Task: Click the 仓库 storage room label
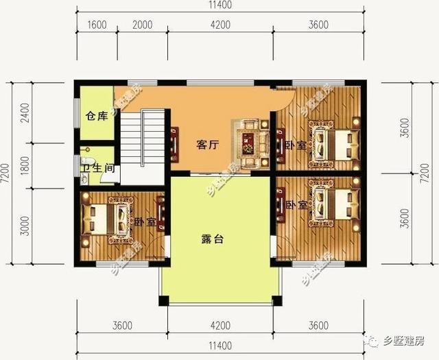[97, 117]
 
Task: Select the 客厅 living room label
[207, 145]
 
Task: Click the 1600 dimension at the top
[97, 25]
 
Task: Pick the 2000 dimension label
[141, 25]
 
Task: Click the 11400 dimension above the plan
[219, 5]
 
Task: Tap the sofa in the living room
[252, 141]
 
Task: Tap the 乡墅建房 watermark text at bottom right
[404, 340]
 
